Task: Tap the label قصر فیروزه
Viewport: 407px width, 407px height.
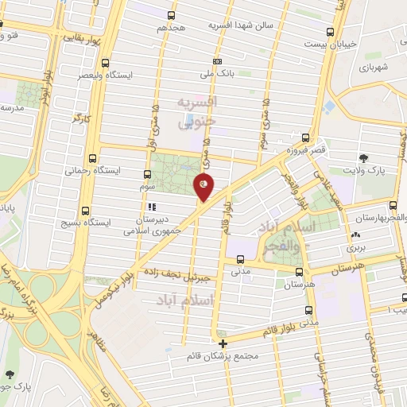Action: [x=306, y=149]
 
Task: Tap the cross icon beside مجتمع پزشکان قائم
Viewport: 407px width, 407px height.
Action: [x=223, y=344]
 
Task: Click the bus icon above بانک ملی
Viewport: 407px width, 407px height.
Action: [x=218, y=62]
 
